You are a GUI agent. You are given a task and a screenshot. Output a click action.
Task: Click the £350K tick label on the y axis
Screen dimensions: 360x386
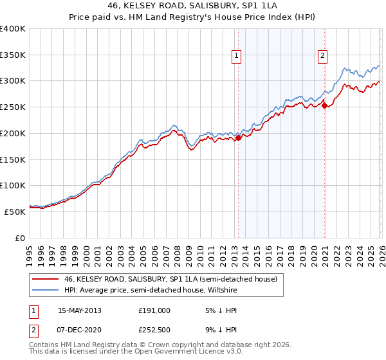(x=13, y=55)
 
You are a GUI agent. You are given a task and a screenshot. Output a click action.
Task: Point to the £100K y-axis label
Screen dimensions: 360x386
(x=13, y=185)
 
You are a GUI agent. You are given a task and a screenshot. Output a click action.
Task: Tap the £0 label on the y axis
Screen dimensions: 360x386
(x=21, y=237)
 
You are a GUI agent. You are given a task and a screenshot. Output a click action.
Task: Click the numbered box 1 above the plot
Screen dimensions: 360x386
(x=237, y=56)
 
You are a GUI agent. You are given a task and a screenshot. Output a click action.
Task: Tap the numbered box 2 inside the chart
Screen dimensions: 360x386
(x=322, y=56)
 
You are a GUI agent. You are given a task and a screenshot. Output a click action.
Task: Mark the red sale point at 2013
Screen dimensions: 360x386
(x=238, y=138)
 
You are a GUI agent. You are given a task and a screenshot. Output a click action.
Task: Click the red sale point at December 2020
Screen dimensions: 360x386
(x=325, y=105)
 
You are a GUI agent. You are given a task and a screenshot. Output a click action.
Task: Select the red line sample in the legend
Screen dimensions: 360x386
(x=45, y=280)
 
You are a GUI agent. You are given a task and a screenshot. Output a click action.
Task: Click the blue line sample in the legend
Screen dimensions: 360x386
(x=45, y=290)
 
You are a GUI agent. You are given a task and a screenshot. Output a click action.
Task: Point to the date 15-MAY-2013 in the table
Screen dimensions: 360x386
(x=80, y=310)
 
